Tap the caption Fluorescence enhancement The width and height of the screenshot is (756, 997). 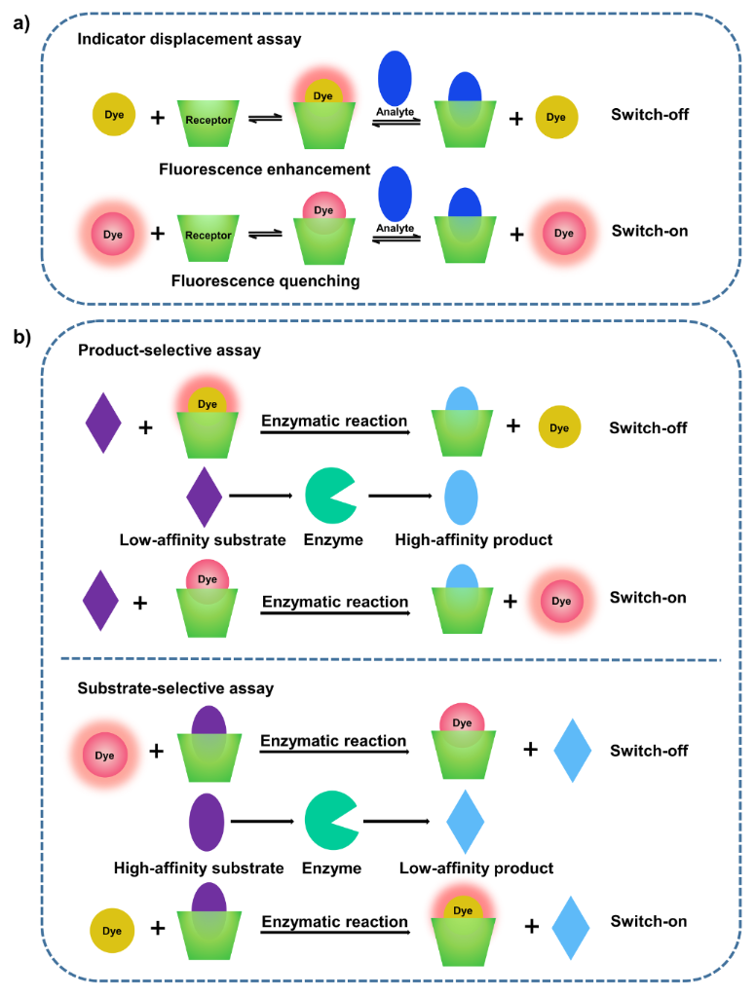[x=265, y=169]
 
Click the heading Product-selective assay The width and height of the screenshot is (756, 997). [x=170, y=351]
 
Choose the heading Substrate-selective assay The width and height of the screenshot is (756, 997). [x=175, y=688]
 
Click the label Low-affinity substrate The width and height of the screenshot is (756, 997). [x=203, y=539]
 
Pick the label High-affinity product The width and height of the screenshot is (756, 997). [x=474, y=539]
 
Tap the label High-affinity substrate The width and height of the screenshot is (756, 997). [x=199, y=868]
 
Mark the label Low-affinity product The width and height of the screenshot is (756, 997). [x=476, y=868]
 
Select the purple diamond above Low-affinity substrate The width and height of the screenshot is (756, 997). [x=204, y=496]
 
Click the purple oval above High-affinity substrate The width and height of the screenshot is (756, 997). [x=206, y=822]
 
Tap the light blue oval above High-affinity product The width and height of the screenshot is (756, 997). [x=460, y=497]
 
